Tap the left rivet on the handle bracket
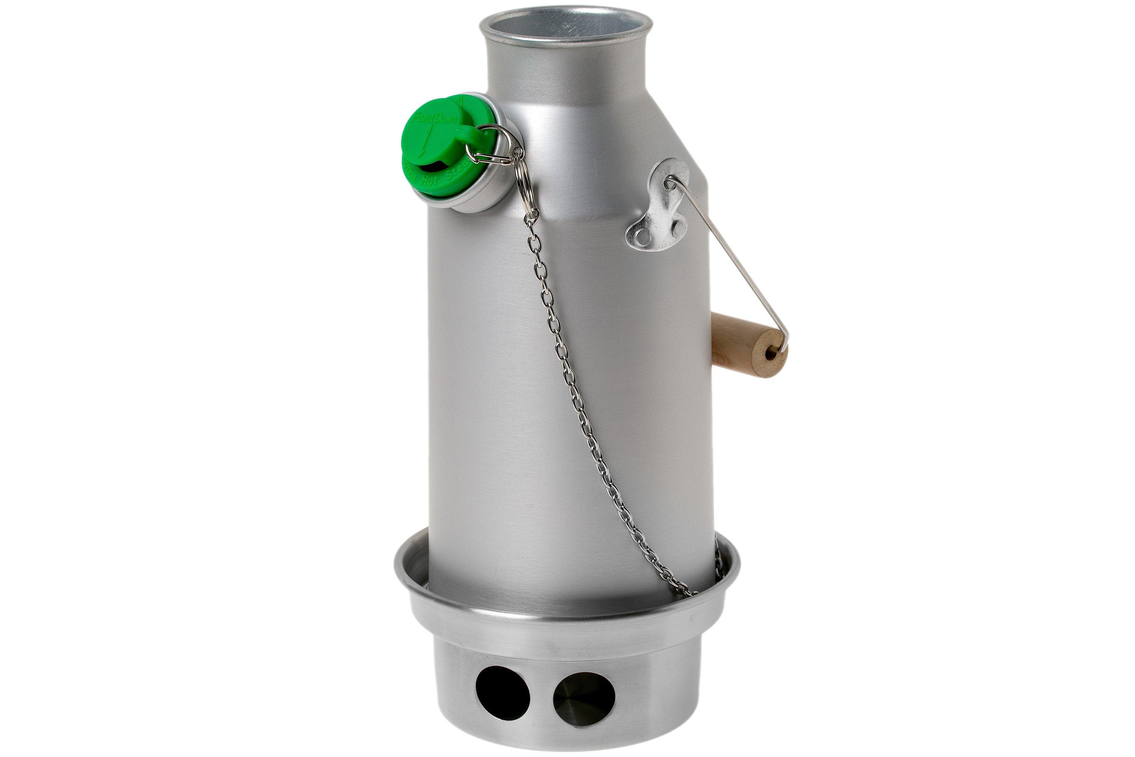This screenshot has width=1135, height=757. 641,237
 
